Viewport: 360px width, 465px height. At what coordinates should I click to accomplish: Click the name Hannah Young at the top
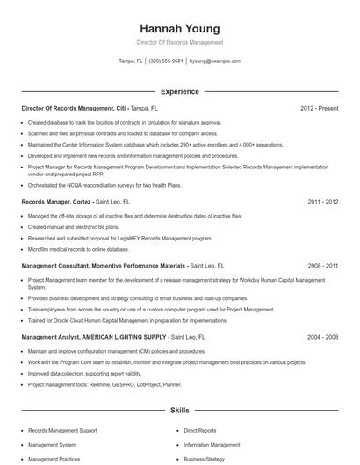point(179,28)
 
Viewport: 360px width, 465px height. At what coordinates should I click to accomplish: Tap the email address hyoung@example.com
point(214,61)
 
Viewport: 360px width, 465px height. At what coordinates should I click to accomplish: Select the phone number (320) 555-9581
point(166,61)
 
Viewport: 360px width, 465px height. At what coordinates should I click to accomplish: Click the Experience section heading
point(179,90)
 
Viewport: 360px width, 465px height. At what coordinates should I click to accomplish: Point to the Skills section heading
point(179,410)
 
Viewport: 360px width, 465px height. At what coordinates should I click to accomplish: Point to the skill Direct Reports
point(201,431)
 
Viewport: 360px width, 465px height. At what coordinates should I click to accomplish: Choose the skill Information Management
point(212,445)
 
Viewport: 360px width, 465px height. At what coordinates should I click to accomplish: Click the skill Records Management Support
point(62,431)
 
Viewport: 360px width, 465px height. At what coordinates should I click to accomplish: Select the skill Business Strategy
point(205,459)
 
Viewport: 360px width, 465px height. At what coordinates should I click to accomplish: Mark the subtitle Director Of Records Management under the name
point(179,42)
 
